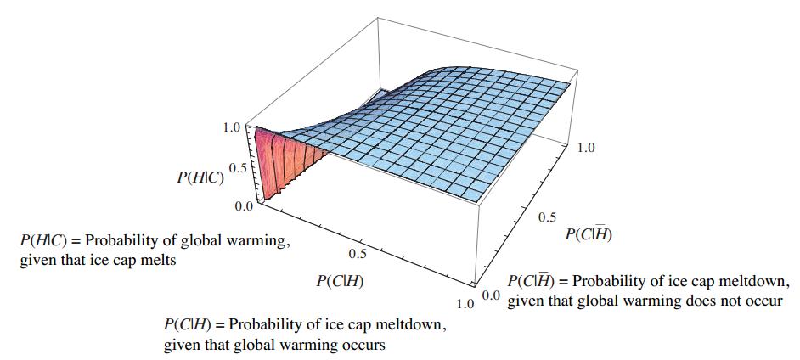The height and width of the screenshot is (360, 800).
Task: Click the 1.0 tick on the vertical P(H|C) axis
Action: pos(231,128)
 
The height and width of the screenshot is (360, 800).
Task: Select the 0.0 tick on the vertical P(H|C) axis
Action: pos(243,205)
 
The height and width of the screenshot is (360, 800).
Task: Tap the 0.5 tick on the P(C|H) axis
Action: pos(358,253)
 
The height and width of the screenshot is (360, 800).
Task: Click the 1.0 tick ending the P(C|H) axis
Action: pos(464,302)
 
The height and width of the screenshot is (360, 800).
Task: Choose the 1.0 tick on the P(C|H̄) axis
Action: pos(586,149)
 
